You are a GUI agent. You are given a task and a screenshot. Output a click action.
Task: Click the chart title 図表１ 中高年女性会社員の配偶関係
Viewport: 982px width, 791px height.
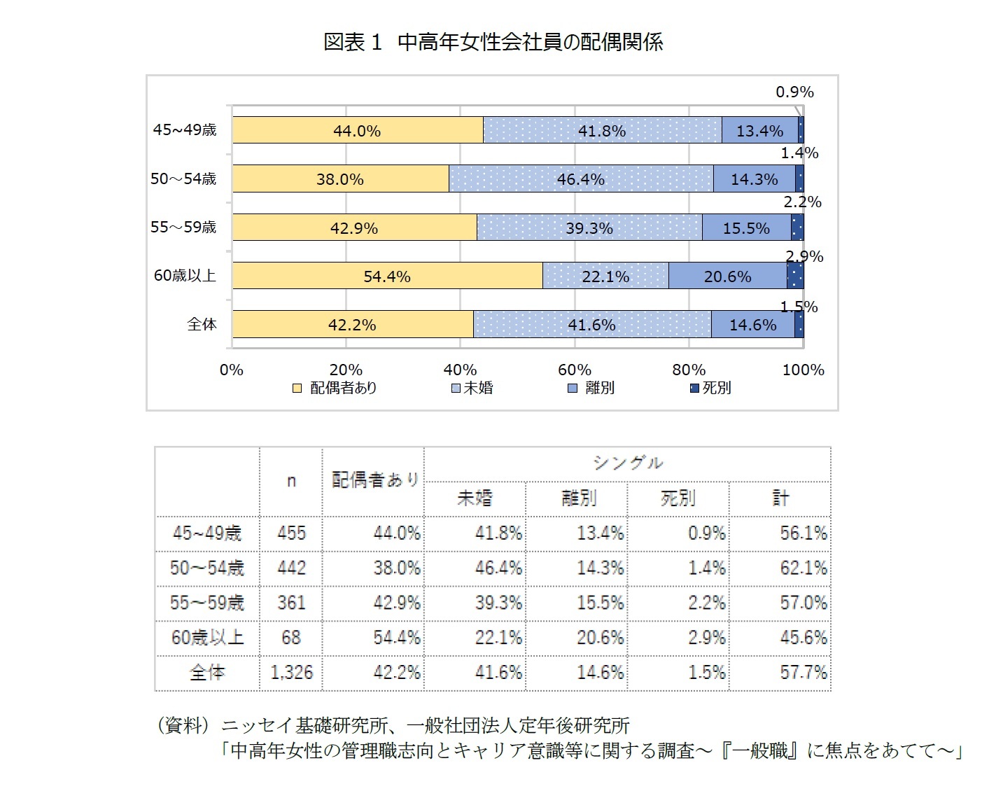tap(493, 42)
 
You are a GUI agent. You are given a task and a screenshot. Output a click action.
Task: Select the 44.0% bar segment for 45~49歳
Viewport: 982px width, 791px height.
tap(357, 130)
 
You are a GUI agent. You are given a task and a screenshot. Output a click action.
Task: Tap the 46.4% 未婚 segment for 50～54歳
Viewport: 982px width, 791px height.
tap(580, 179)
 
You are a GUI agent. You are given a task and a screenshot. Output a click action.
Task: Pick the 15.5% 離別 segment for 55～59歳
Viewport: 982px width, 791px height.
tap(746, 228)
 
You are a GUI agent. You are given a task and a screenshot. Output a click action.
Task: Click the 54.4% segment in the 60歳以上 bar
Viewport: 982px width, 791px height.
tap(386, 276)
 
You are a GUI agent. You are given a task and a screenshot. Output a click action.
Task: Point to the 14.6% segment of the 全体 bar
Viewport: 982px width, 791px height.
tap(752, 325)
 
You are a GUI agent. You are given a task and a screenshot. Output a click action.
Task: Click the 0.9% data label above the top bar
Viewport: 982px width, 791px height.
tap(794, 92)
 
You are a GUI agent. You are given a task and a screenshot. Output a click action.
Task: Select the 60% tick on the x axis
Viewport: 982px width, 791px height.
tap(575, 370)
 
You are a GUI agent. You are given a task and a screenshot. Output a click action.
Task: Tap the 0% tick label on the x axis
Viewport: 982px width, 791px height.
tap(232, 370)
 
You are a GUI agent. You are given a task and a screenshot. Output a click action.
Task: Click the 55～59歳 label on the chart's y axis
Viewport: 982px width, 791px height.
tap(183, 227)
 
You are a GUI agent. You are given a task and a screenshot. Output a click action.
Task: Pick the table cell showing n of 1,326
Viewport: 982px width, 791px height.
tap(291, 673)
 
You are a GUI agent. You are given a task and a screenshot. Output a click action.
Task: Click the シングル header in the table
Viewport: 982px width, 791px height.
tap(627, 463)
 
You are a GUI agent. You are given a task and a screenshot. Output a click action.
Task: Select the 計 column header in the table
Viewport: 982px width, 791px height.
tap(780, 498)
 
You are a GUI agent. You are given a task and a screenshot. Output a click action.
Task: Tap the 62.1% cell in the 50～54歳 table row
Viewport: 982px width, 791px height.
tap(803, 568)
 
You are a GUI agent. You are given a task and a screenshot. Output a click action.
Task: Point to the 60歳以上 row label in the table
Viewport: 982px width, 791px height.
tap(207, 638)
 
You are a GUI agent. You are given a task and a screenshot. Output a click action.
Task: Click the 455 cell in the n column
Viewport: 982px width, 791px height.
tap(291, 533)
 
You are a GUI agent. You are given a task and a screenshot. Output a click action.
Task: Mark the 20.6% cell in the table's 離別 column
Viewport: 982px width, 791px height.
tap(600, 638)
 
